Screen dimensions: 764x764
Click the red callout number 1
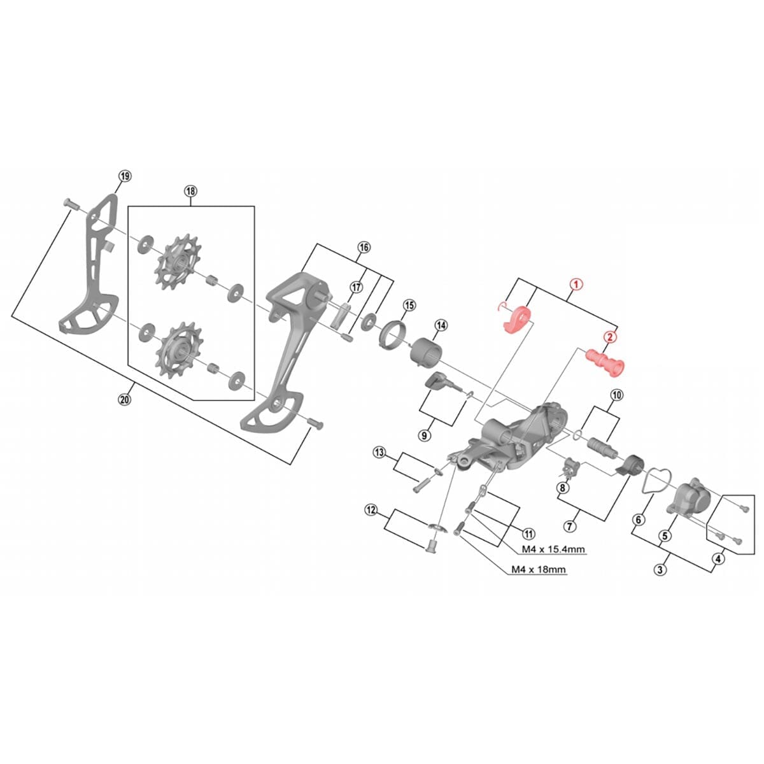point(575,285)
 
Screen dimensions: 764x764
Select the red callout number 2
point(609,337)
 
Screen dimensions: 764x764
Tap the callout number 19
point(125,176)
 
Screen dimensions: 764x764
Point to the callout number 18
point(191,190)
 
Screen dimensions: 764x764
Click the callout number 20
point(125,399)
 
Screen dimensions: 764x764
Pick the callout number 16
point(364,247)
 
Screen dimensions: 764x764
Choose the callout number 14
point(441,325)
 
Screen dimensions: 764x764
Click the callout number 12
point(371,510)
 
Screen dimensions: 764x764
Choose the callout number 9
point(425,435)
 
